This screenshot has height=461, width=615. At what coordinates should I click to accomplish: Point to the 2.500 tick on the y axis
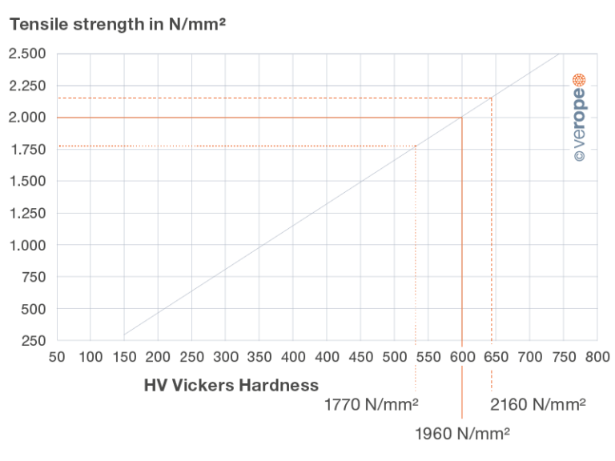[x=28, y=54]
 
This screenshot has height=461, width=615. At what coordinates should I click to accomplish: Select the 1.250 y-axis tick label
[x=28, y=214]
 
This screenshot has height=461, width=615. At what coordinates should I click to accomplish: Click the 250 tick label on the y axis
[x=34, y=342]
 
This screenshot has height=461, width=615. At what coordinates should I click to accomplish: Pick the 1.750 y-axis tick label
[x=28, y=150]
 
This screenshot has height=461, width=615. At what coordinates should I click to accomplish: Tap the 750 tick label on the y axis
[x=34, y=278]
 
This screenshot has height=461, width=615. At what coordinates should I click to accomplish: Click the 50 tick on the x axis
[x=57, y=356]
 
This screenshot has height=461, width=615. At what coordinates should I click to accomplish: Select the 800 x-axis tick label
[x=597, y=356]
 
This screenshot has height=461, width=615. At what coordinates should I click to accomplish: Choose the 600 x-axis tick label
[x=461, y=356]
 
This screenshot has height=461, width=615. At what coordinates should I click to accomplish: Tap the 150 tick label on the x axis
[x=124, y=356]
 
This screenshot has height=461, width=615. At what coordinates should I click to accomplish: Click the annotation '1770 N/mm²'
[x=372, y=404]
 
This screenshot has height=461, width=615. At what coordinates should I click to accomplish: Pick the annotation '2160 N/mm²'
[x=537, y=404]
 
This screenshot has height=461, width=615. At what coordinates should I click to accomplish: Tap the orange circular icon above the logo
[x=580, y=80]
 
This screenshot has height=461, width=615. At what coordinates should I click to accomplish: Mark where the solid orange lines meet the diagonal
[x=462, y=118]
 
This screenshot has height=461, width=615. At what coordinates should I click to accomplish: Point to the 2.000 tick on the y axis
[x=28, y=118]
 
